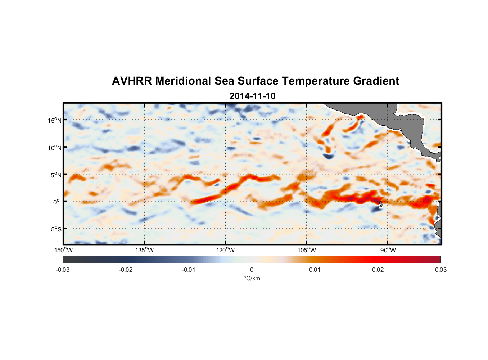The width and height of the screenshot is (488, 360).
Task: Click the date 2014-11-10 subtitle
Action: pos(252,96)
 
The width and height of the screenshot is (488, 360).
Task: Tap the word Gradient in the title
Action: pos(376,81)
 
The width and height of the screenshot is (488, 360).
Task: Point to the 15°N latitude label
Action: pos(55,120)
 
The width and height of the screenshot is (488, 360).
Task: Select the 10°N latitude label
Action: pos(55,148)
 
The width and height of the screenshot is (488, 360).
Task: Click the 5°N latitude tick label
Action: pos(56,175)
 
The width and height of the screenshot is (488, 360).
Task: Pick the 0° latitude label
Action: pos(57,202)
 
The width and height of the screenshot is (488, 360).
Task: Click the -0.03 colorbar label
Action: pos(63,270)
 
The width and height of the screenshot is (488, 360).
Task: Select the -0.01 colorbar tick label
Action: pos(189,270)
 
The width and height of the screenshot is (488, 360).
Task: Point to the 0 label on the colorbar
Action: pos(252,270)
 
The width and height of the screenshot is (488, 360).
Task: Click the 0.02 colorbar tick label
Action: pos(378,270)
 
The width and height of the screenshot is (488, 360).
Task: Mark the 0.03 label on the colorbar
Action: pos(440,270)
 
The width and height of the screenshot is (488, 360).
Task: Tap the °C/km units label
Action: pos(252,278)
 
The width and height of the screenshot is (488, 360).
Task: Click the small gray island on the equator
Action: pos(381,204)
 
